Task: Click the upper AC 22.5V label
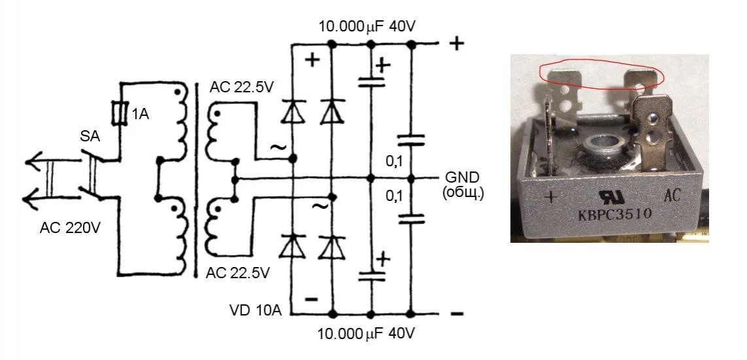pyautogui.click(x=241, y=87)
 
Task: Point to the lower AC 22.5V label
pyautogui.click(x=237, y=273)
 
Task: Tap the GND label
pyautogui.click(x=462, y=177)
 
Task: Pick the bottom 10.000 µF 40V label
pyautogui.click(x=366, y=334)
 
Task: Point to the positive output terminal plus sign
pyautogui.click(x=457, y=44)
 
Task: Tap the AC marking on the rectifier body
pyautogui.click(x=674, y=195)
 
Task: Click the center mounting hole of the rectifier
pyautogui.click(x=600, y=143)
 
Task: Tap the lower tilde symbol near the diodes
pyautogui.click(x=320, y=206)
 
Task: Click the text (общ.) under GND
pyautogui.click(x=462, y=192)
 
